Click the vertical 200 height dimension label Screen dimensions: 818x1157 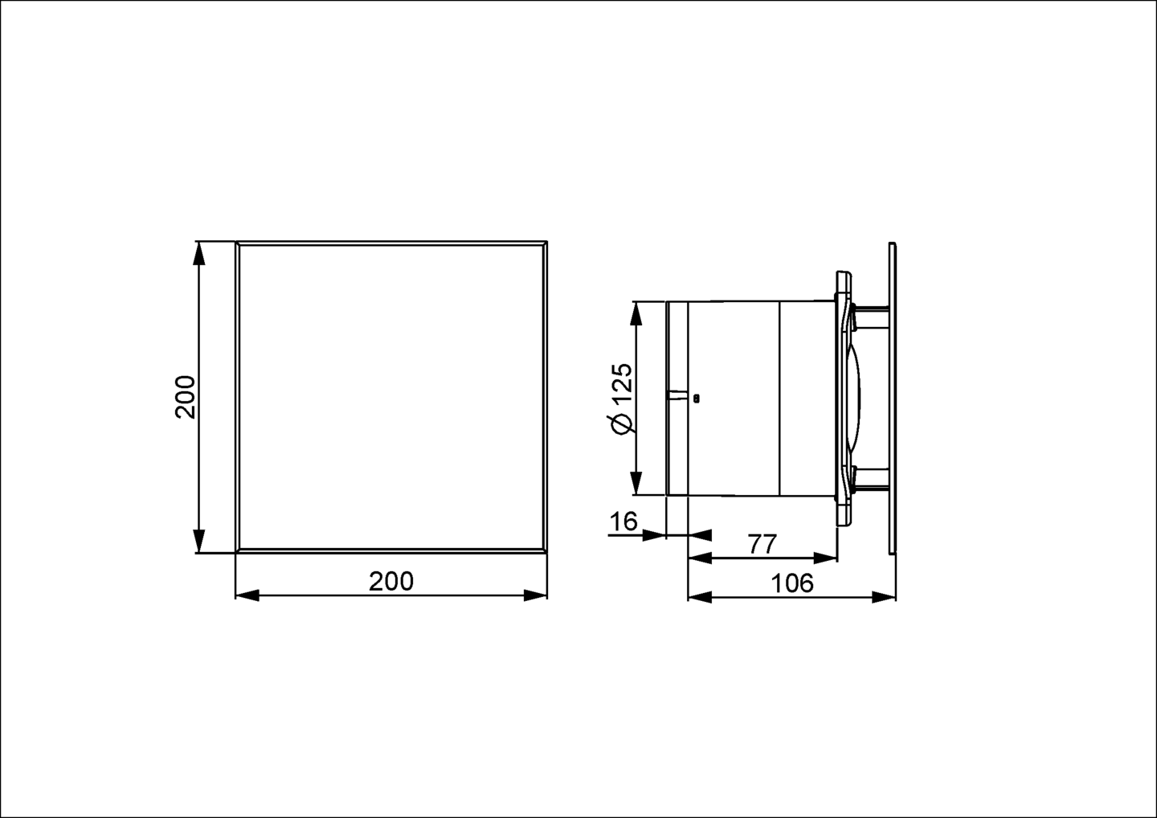tap(186, 396)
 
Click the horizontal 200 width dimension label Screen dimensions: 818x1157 tap(391, 581)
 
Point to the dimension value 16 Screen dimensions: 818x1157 tap(623, 521)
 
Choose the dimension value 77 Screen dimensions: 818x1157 tap(762, 544)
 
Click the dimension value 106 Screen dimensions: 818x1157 tap(792, 583)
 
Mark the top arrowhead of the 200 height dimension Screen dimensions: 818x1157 tap(199, 252)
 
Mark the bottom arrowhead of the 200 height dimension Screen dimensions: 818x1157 tap(199, 542)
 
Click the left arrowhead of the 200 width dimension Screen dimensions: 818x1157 tap(247, 595)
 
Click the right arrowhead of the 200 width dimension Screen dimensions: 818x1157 tap(536, 595)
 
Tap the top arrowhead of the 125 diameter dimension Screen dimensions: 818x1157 tap(636, 313)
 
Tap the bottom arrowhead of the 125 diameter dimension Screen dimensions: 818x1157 tap(636, 485)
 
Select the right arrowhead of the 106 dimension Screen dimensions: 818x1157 tap(885, 596)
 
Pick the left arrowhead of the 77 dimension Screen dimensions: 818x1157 tap(700, 558)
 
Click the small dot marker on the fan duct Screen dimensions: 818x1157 tap(696, 397)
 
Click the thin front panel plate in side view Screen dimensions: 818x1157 tap(893, 398)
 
